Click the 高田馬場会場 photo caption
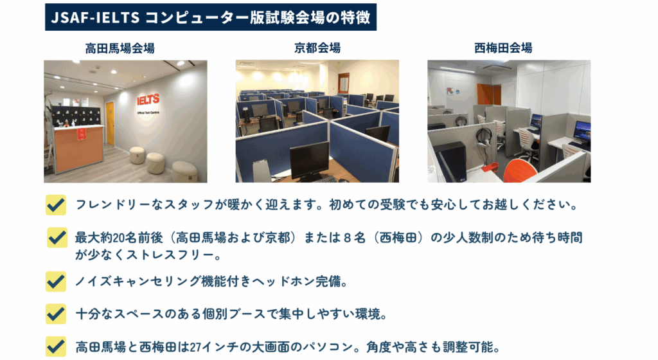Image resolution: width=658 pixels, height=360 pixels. [x=120, y=48]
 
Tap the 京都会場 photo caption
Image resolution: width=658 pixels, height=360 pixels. [x=317, y=48]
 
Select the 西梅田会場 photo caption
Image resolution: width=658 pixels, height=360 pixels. [x=503, y=48]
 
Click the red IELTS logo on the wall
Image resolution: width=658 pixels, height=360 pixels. [x=148, y=100]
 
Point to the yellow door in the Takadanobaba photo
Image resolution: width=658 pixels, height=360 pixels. [x=110, y=123]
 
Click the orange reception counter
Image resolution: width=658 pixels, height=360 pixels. [x=79, y=148]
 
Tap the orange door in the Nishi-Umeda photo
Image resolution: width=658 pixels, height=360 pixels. [x=489, y=94]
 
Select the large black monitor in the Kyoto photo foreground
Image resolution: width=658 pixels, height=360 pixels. [x=310, y=161]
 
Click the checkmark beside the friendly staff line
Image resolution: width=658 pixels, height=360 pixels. [x=56, y=205]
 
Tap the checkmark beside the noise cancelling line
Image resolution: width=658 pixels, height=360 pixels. [x=56, y=281]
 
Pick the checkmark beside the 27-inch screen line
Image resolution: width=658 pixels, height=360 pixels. [x=56, y=346]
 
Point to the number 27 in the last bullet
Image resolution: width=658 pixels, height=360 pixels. [x=195, y=347]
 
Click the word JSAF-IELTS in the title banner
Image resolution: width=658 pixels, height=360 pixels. [x=95, y=17]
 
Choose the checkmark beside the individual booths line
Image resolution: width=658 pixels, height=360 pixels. [x=56, y=314]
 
